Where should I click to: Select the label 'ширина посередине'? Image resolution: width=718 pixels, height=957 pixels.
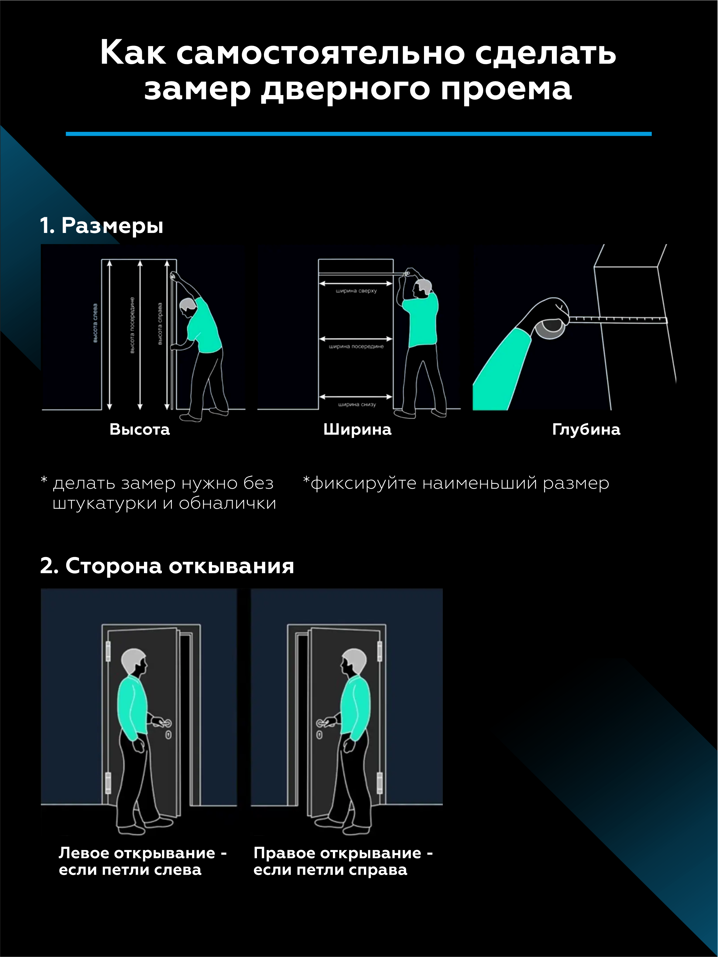click(356, 347)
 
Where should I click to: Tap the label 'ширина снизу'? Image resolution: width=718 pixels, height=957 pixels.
click(357, 405)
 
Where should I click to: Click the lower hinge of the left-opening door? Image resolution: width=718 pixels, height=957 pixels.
click(108, 783)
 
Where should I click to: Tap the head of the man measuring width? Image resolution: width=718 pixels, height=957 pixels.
click(422, 289)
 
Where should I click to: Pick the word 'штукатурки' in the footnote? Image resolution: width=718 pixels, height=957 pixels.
click(104, 503)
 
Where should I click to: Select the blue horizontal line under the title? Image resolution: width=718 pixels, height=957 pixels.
click(359, 134)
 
